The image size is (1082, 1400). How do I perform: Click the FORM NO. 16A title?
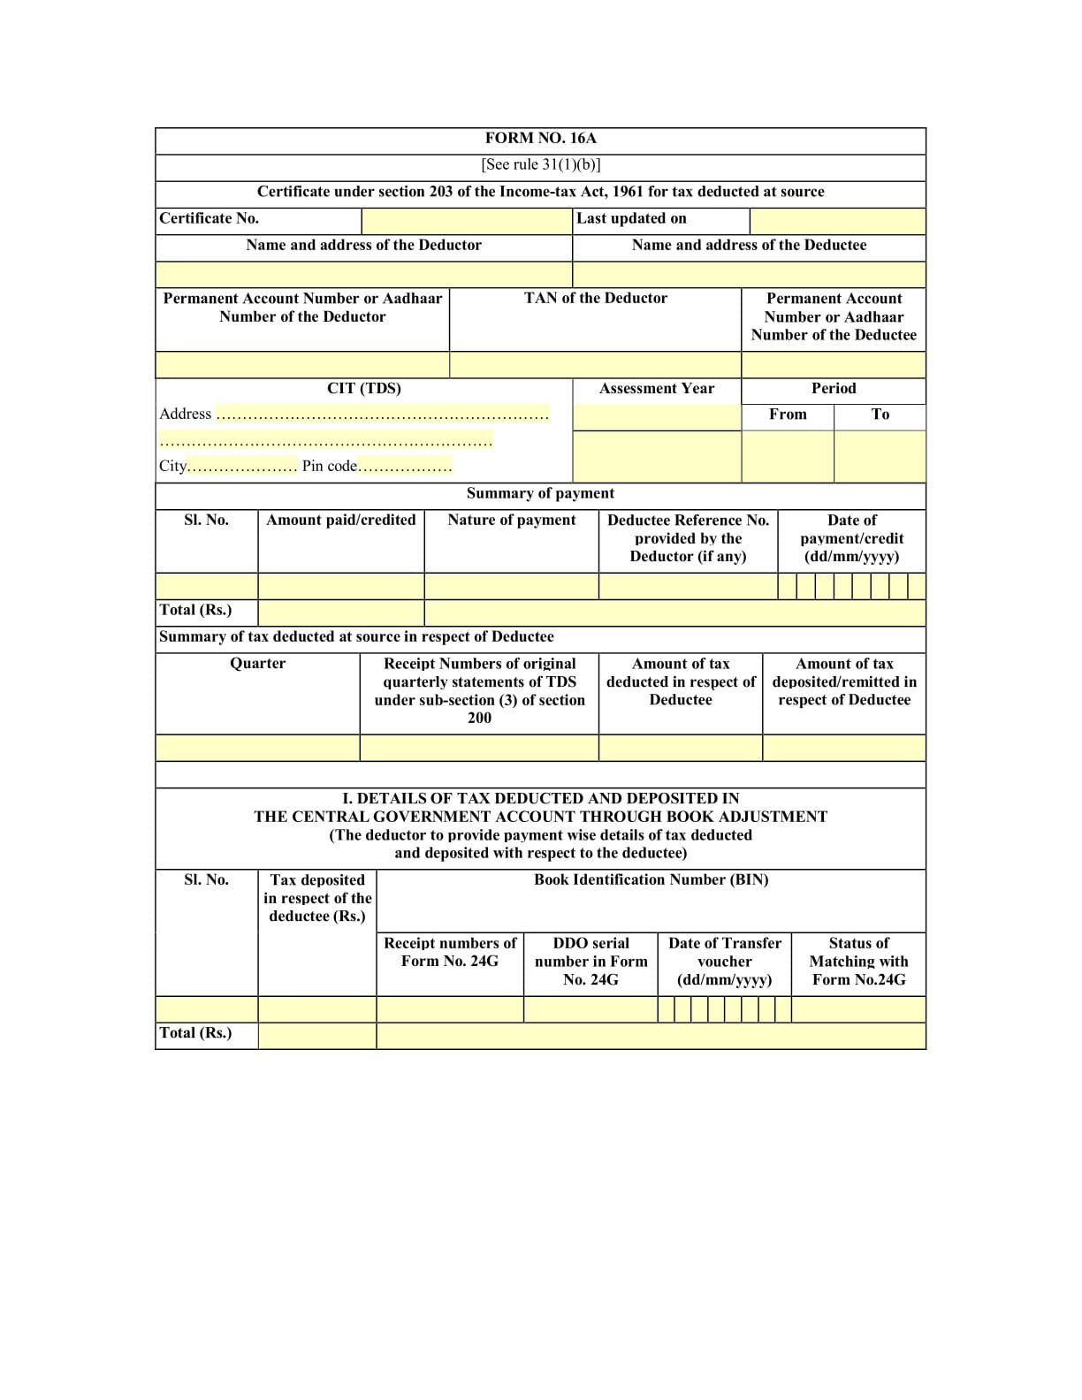pyautogui.click(x=540, y=138)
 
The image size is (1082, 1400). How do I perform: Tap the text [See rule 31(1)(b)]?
pyautogui.click(x=540, y=164)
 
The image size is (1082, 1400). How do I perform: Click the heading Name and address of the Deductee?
pyautogui.click(x=749, y=245)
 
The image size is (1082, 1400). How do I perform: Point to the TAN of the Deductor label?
pyautogui.click(x=595, y=298)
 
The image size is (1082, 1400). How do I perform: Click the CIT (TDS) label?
pyautogui.click(x=363, y=388)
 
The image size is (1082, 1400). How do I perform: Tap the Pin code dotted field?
pyautogui.click(x=404, y=466)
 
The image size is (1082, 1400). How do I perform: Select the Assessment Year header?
pyautogui.click(x=656, y=388)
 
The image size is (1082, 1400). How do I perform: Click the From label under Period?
pyautogui.click(x=787, y=414)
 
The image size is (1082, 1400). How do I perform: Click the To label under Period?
pyautogui.click(x=880, y=414)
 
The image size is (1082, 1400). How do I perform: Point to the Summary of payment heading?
pyautogui.click(x=540, y=493)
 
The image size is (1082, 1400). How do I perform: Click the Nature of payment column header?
pyautogui.click(x=511, y=520)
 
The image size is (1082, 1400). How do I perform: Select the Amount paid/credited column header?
pyautogui.click(x=340, y=520)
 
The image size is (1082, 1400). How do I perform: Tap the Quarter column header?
pyautogui.click(x=257, y=663)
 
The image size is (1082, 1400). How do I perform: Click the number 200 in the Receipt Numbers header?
pyautogui.click(x=479, y=718)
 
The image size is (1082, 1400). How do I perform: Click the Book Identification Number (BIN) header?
pyautogui.click(x=651, y=879)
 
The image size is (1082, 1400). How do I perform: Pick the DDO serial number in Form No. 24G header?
pyautogui.click(x=591, y=961)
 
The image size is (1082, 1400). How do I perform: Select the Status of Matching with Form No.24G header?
pyautogui.click(x=857, y=961)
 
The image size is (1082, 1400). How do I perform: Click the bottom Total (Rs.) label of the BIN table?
pyautogui.click(x=195, y=1032)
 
